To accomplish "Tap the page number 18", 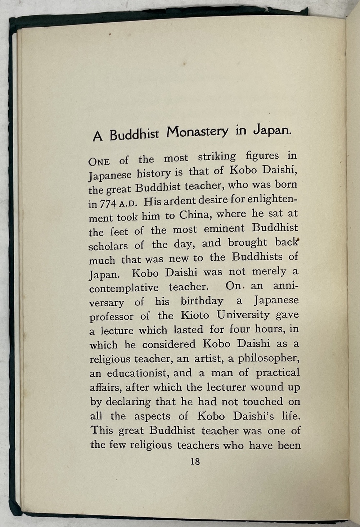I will tap(195, 461).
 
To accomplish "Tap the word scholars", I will tap(108, 246).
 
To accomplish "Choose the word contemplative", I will tap(124, 288).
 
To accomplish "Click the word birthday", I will tap(202, 301).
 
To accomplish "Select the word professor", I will tap(112, 317).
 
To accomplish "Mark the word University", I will tap(243, 315).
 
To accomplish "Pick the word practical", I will tap(278, 372).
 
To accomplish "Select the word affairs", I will tap(104, 387).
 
